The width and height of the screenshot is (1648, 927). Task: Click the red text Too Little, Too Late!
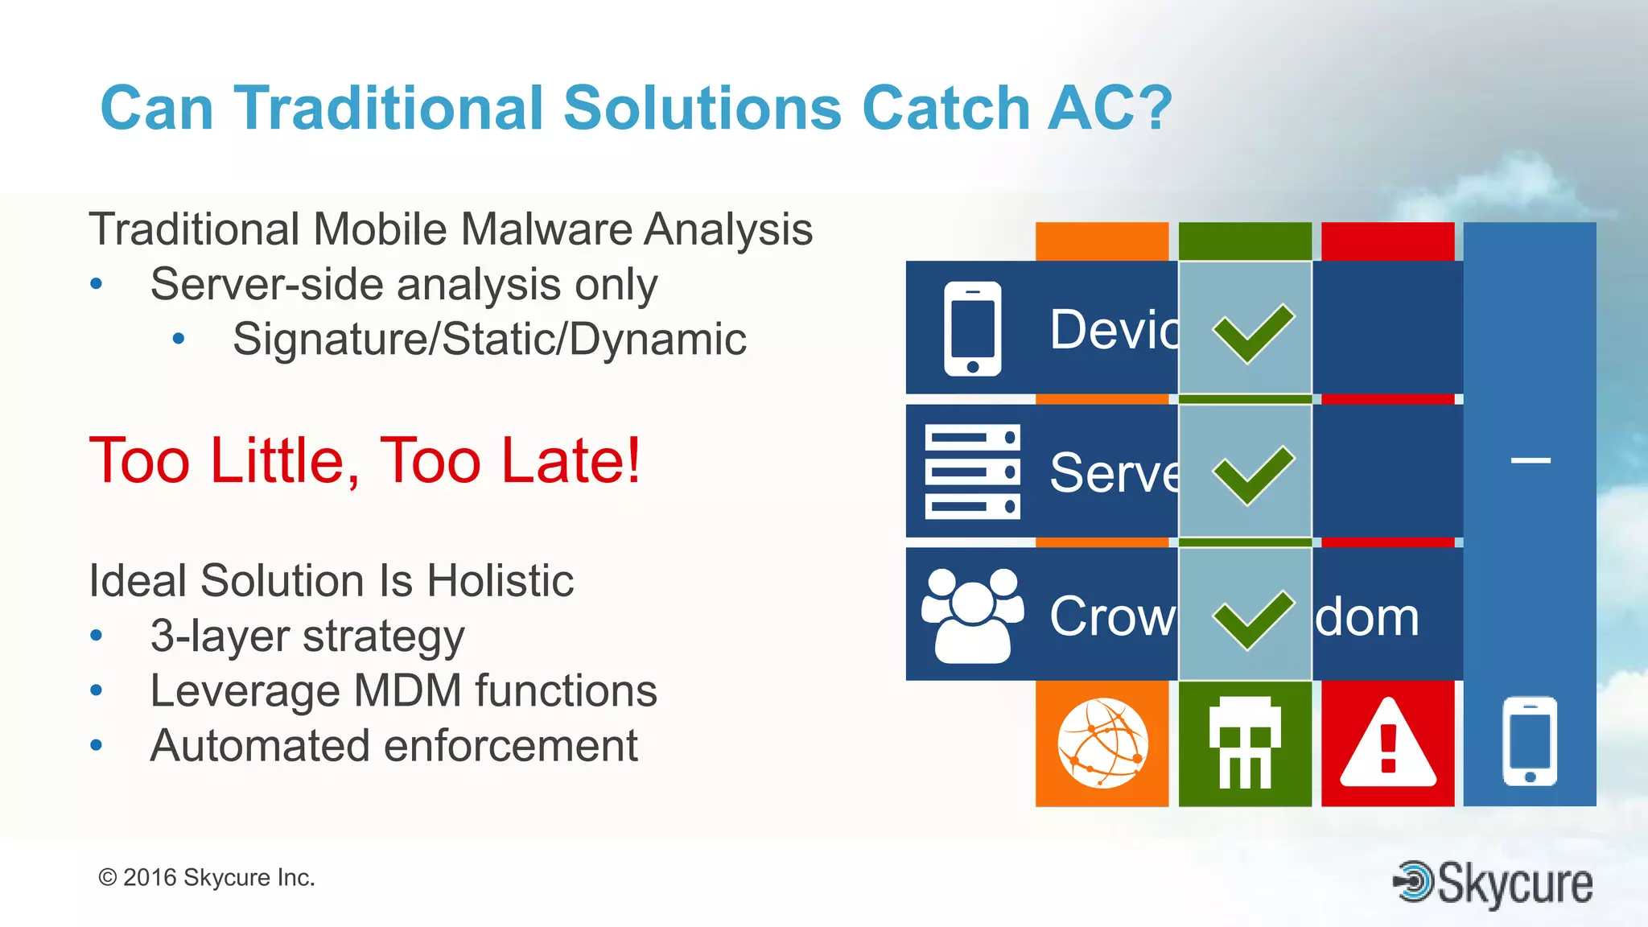pos(365,460)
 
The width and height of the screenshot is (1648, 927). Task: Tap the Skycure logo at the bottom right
pos(1493,883)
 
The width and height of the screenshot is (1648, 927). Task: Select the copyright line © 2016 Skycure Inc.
pos(206,877)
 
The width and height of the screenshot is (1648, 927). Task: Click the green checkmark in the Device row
pos(1253,332)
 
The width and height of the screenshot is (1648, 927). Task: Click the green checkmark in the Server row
pos(1253,474)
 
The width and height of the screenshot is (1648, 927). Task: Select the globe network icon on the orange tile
pos(1102,743)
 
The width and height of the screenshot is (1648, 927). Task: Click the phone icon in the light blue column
pos(1529,741)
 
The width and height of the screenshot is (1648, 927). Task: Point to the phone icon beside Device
pos(972,328)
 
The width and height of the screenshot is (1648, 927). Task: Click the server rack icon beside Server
pos(972,472)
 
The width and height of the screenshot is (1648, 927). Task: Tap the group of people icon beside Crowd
pos(972,616)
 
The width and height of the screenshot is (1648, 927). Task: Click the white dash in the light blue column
pos(1530,460)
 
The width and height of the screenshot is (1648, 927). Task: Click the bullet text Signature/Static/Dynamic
pos(489,339)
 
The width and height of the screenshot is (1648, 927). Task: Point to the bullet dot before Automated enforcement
pos(97,745)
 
